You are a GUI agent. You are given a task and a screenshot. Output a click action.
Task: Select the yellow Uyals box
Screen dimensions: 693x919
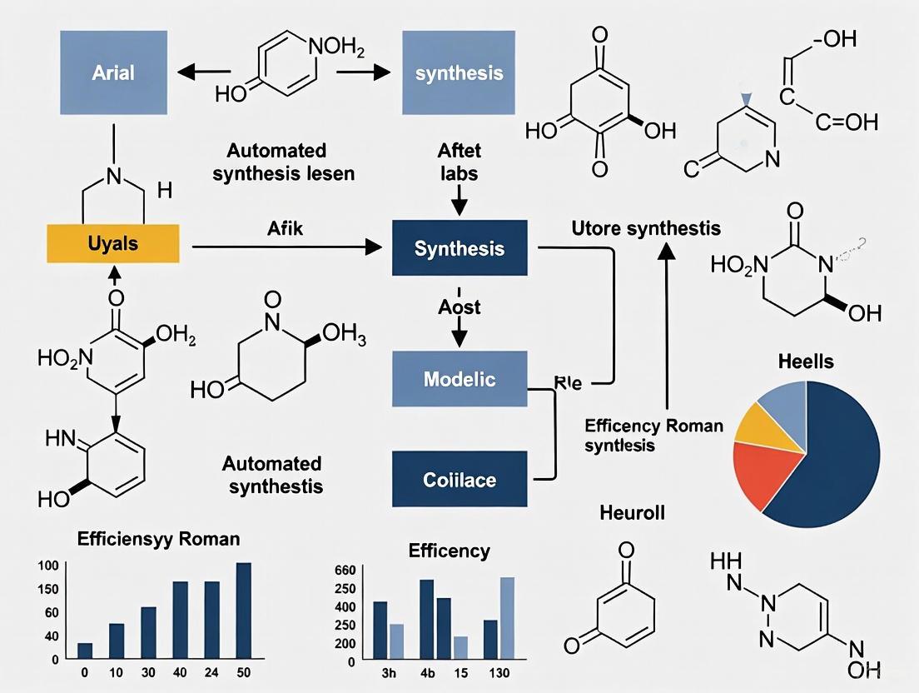112,243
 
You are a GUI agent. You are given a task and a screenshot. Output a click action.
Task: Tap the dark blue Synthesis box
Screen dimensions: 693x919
459,248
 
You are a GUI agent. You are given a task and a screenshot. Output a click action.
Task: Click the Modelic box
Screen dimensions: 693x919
459,380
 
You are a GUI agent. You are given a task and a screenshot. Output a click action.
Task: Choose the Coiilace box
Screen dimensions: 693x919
459,479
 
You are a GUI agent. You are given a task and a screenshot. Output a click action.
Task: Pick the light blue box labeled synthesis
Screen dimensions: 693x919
459,72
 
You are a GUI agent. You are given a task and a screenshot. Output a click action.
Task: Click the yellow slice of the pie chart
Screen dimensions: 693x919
758,423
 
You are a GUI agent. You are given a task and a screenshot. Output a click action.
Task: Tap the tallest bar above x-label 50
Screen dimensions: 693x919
244,611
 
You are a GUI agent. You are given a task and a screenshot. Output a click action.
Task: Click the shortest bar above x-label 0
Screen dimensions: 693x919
85,650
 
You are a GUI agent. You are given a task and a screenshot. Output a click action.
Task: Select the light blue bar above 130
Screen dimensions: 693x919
507,617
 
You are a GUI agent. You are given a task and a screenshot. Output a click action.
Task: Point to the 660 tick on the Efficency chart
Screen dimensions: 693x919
345,570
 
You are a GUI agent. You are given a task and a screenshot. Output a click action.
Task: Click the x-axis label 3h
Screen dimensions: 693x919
387,674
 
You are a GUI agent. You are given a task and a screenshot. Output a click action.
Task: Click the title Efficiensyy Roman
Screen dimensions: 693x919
158,539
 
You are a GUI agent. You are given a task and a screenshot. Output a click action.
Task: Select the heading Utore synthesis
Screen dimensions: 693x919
646,227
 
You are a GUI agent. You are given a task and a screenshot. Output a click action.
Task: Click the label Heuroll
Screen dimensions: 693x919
633,512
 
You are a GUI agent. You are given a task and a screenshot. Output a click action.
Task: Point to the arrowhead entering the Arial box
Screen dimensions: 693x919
187,72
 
